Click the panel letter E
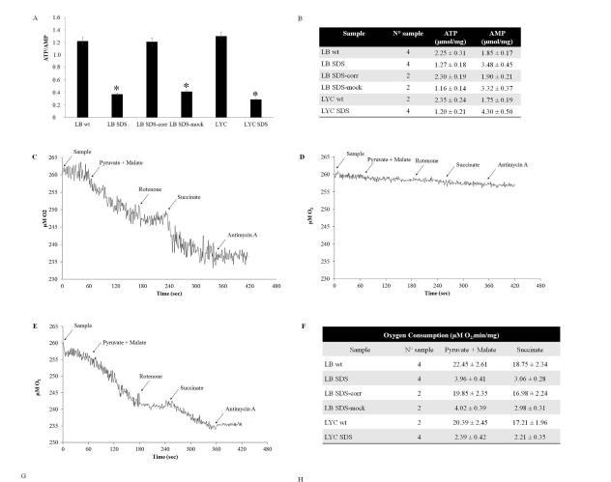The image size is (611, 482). [36, 328]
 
